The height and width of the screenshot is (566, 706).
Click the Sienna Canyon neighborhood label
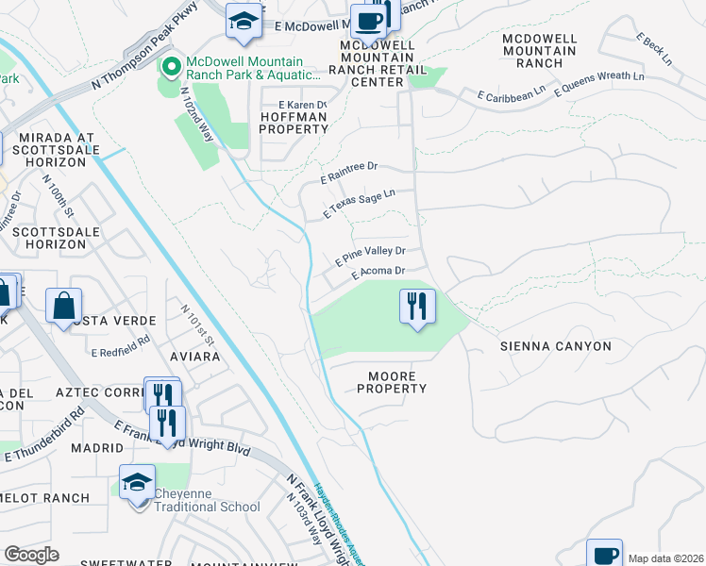555,346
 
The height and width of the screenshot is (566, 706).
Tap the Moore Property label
392,382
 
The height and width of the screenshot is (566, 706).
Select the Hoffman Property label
293,123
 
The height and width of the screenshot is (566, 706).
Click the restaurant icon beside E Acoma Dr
417,307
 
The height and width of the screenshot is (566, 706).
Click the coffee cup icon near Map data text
604,554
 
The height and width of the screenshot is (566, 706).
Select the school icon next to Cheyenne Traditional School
137,482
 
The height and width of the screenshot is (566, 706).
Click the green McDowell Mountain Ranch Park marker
171,67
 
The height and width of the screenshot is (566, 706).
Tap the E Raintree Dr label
348,171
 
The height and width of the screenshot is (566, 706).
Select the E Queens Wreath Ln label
599,83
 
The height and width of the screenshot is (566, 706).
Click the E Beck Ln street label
653,49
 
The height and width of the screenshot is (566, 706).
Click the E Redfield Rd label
121,346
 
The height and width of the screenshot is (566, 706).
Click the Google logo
31,555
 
